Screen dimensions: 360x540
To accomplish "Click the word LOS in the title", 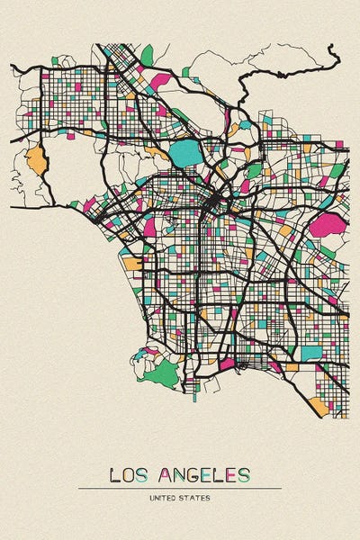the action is coord(128,474).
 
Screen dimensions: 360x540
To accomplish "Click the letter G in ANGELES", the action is coord(193,474).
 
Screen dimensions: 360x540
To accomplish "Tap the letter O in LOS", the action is coord(128,474).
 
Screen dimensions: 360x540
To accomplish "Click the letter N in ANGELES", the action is coord(178,474).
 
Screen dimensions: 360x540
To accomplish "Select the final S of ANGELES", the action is coord(244,474).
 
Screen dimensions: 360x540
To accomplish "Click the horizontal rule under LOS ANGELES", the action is coord(180,488).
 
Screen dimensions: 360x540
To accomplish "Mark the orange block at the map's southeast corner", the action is coord(319,405).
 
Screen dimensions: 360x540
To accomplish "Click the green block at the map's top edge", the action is coord(147,56).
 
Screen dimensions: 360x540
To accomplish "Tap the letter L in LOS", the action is coord(113,474).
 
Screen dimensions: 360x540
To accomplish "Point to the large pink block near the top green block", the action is coord(163,80).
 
